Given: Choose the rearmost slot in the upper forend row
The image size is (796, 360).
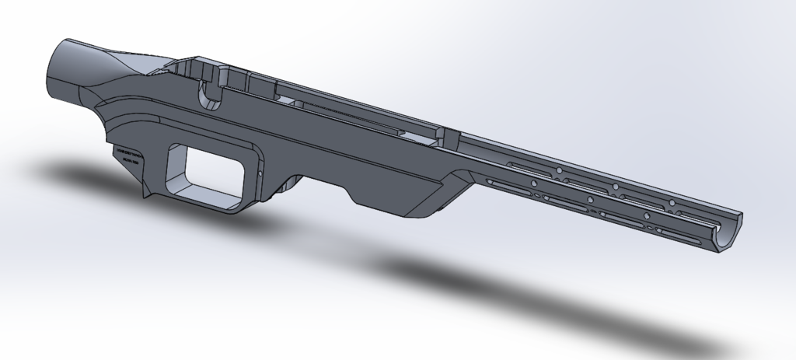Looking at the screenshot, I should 528,165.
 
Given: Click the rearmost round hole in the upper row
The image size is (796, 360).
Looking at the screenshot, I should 557,171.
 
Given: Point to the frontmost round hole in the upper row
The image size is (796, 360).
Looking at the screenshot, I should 671,204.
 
